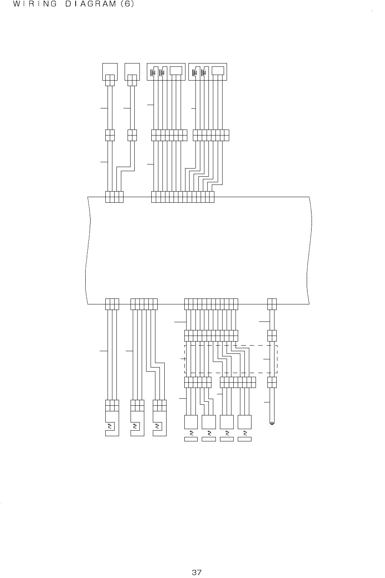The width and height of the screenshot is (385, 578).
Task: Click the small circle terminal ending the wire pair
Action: (x=272, y=423)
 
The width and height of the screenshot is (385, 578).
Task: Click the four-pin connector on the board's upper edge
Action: (x=114, y=197)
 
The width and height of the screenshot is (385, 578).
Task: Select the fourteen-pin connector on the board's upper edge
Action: (x=183, y=197)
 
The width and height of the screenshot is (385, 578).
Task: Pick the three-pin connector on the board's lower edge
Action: (x=112, y=304)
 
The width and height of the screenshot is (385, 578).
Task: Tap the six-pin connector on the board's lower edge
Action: (x=144, y=304)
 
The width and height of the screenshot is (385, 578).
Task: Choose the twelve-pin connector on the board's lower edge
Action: (x=211, y=304)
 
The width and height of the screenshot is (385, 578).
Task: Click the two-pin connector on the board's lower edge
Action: (x=272, y=304)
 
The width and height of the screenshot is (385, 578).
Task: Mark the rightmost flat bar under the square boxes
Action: (x=244, y=440)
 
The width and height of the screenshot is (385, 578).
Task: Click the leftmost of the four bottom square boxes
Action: (x=191, y=422)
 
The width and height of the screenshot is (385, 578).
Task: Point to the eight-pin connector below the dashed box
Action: (x=238, y=382)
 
